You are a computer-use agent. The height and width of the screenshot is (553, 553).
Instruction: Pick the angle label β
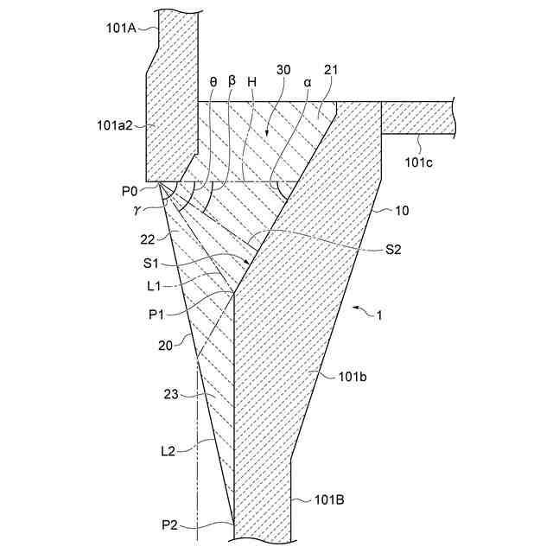[x=232, y=80]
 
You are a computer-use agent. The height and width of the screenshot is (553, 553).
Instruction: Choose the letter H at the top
[x=251, y=81]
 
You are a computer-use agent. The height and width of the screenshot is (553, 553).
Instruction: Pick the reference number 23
[x=172, y=393]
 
